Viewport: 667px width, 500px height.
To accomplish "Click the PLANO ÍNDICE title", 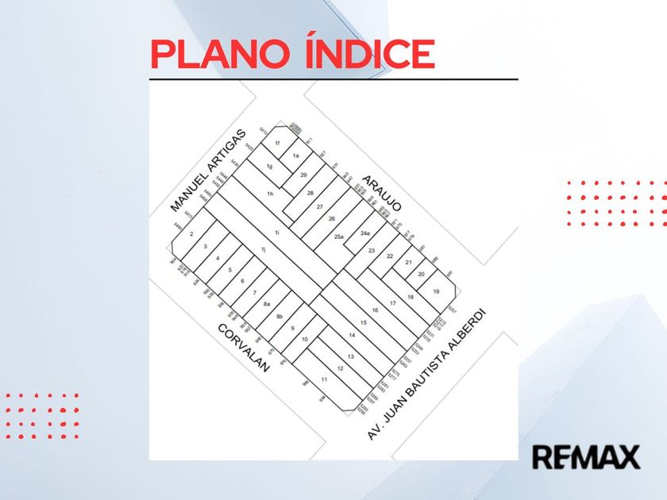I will click(292, 54).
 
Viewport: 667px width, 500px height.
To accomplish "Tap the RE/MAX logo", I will click(585, 457).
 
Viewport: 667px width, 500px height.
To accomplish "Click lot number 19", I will click(436, 291).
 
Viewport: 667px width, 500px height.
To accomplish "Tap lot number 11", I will click(324, 379).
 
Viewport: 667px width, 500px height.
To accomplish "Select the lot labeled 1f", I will click(277, 143).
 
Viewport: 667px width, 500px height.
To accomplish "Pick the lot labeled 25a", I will click(339, 237).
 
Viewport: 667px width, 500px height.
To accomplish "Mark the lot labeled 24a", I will click(364, 233).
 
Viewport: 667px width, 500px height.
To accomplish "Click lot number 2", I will click(192, 234).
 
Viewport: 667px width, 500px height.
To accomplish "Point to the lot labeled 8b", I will click(280, 317).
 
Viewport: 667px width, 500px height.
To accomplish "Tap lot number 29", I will click(303, 175).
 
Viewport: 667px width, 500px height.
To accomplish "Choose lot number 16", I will click(375, 310).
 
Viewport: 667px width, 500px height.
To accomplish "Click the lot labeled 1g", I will click(270, 166).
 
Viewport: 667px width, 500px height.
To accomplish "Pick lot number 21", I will click(408, 262).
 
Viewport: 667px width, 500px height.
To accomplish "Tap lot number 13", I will click(350, 357).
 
